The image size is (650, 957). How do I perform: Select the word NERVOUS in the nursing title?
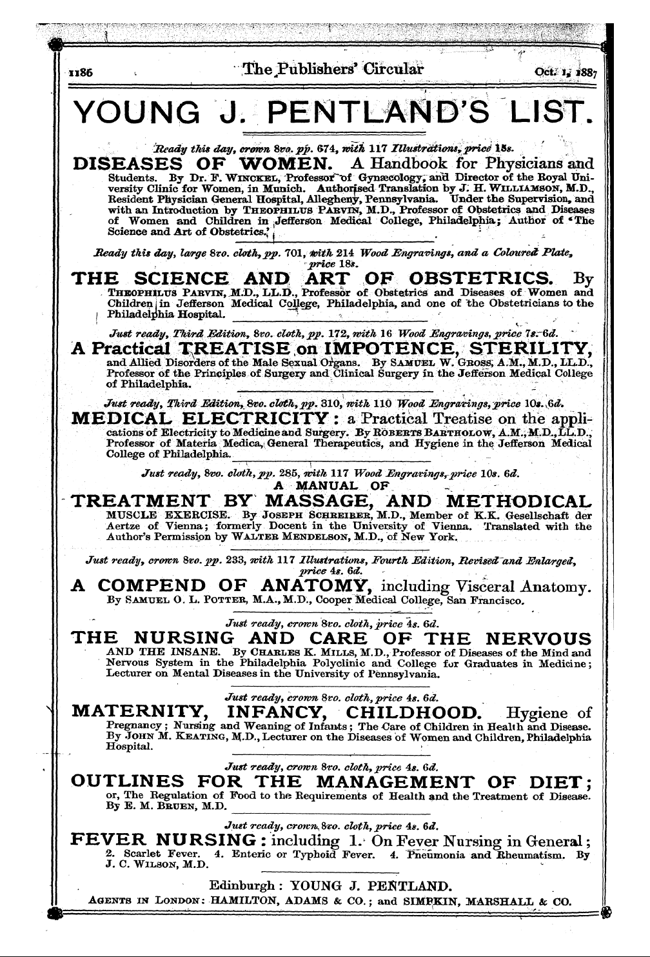coord(537,639)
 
